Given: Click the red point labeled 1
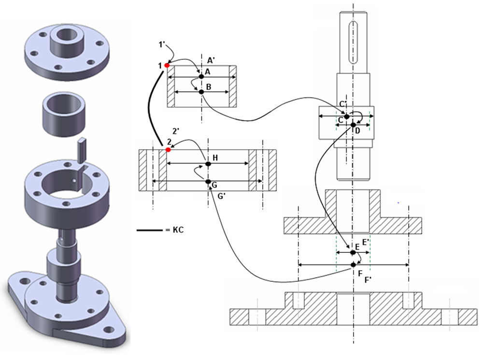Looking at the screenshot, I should (x=167, y=65).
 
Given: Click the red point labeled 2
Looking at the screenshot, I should (x=168, y=150).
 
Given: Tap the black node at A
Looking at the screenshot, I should (x=201, y=76).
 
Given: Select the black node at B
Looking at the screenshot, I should (x=201, y=92).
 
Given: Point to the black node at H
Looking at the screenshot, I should (x=208, y=164).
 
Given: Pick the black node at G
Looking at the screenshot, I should (x=208, y=181).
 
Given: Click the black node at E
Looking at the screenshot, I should (x=352, y=252).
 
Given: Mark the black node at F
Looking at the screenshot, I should (x=354, y=264).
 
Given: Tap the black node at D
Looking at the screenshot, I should (x=353, y=125).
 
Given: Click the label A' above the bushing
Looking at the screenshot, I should (x=211, y=60).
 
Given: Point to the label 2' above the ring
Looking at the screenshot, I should (x=176, y=131).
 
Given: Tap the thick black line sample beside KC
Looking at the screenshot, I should (x=149, y=231).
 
